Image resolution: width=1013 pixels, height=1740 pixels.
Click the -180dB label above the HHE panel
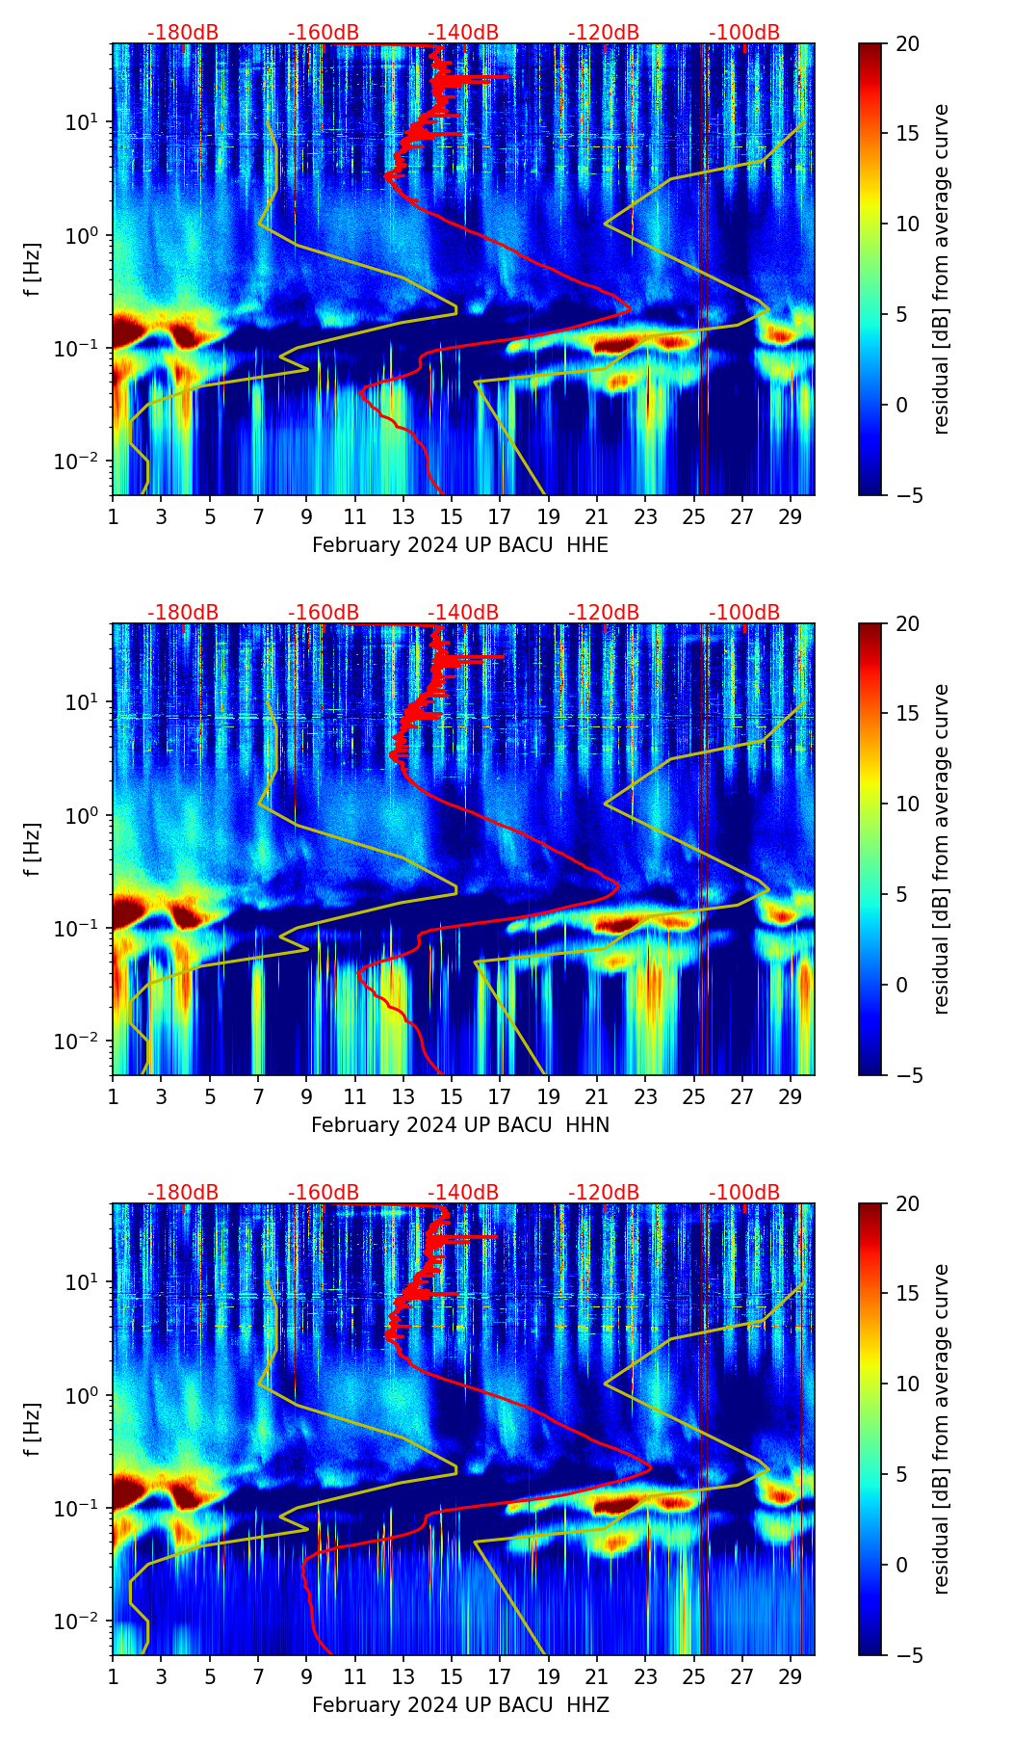(183, 33)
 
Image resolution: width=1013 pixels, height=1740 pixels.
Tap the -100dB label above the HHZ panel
(744, 1193)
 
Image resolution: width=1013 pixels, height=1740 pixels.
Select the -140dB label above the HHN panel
(463, 613)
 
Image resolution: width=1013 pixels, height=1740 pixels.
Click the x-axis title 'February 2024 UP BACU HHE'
(460, 545)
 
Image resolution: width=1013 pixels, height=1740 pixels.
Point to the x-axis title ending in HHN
(460, 1125)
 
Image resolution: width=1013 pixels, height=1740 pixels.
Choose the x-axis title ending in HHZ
(460, 1705)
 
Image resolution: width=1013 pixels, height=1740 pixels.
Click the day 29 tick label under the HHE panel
(791, 517)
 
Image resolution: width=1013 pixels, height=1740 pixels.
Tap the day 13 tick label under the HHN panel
(403, 1097)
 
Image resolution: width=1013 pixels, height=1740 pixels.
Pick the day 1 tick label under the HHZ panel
(113, 1677)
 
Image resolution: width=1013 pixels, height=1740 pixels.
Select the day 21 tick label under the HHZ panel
(597, 1677)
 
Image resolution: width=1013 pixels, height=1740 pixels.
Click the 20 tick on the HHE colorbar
(908, 44)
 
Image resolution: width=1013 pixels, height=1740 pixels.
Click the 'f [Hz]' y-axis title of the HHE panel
(33, 270)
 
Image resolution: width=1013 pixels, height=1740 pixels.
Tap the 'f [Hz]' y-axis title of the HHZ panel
(33, 1430)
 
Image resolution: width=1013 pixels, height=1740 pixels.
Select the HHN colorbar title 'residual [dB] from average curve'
(942, 849)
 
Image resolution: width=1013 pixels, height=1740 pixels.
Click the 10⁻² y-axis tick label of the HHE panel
(84, 461)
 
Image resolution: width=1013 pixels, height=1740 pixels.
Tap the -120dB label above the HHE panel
(604, 33)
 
